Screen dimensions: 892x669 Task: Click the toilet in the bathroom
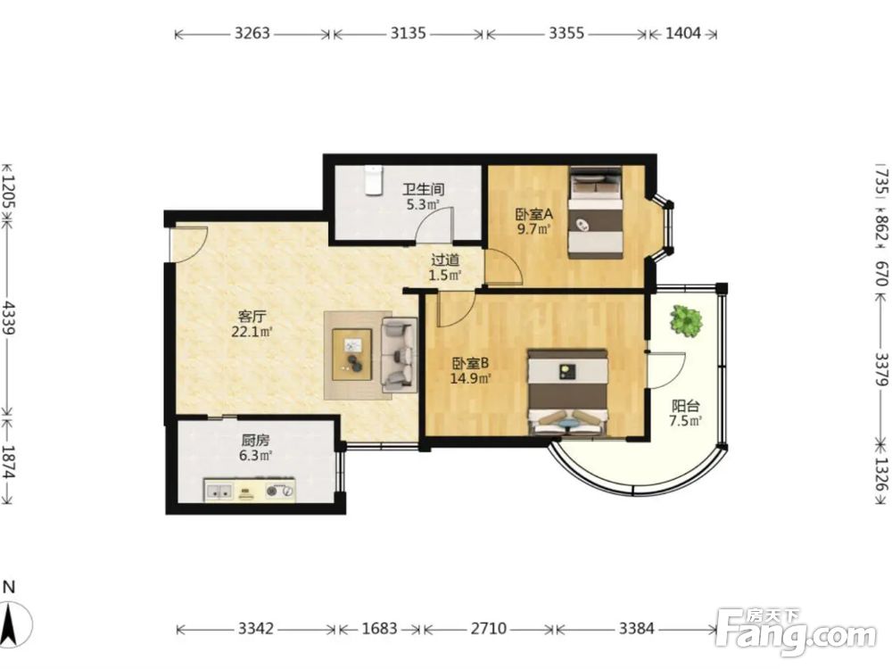(x=373, y=179)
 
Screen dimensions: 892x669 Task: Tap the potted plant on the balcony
(x=685, y=321)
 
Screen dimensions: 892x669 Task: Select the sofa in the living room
(x=399, y=355)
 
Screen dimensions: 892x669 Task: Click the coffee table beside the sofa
(x=352, y=354)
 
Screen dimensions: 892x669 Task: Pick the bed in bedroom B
(x=568, y=392)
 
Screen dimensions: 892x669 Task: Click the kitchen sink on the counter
(x=219, y=491)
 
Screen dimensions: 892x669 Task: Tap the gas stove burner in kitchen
(x=280, y=491)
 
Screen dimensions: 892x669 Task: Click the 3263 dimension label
(x=252, y=34)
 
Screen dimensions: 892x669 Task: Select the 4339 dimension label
(x=8, y=318)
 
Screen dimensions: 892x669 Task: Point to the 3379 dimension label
(x=882, y=368)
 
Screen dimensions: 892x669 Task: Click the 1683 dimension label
(x=379, y=629)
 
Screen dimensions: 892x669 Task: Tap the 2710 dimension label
(x=489, y=629)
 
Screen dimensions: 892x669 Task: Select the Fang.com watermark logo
(x=796, y=632)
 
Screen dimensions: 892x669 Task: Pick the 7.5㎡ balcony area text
(x=685, y=421)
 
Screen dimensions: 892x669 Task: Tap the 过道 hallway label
(x=445, y=260)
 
